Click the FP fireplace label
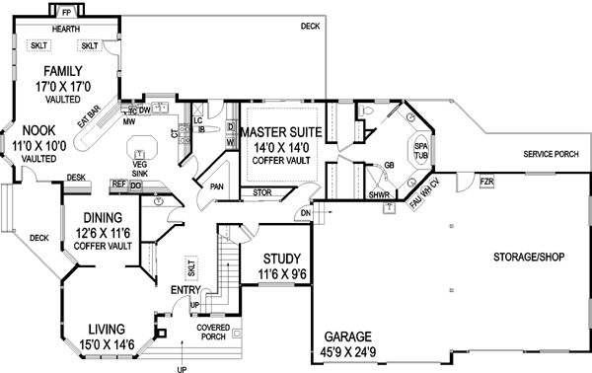click(66, 13)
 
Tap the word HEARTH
click(66, 30)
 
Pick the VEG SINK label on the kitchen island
click(139, 167)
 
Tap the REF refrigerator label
click(117, 185)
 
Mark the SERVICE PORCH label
click(551, 155)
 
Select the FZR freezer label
click(485, 182)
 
